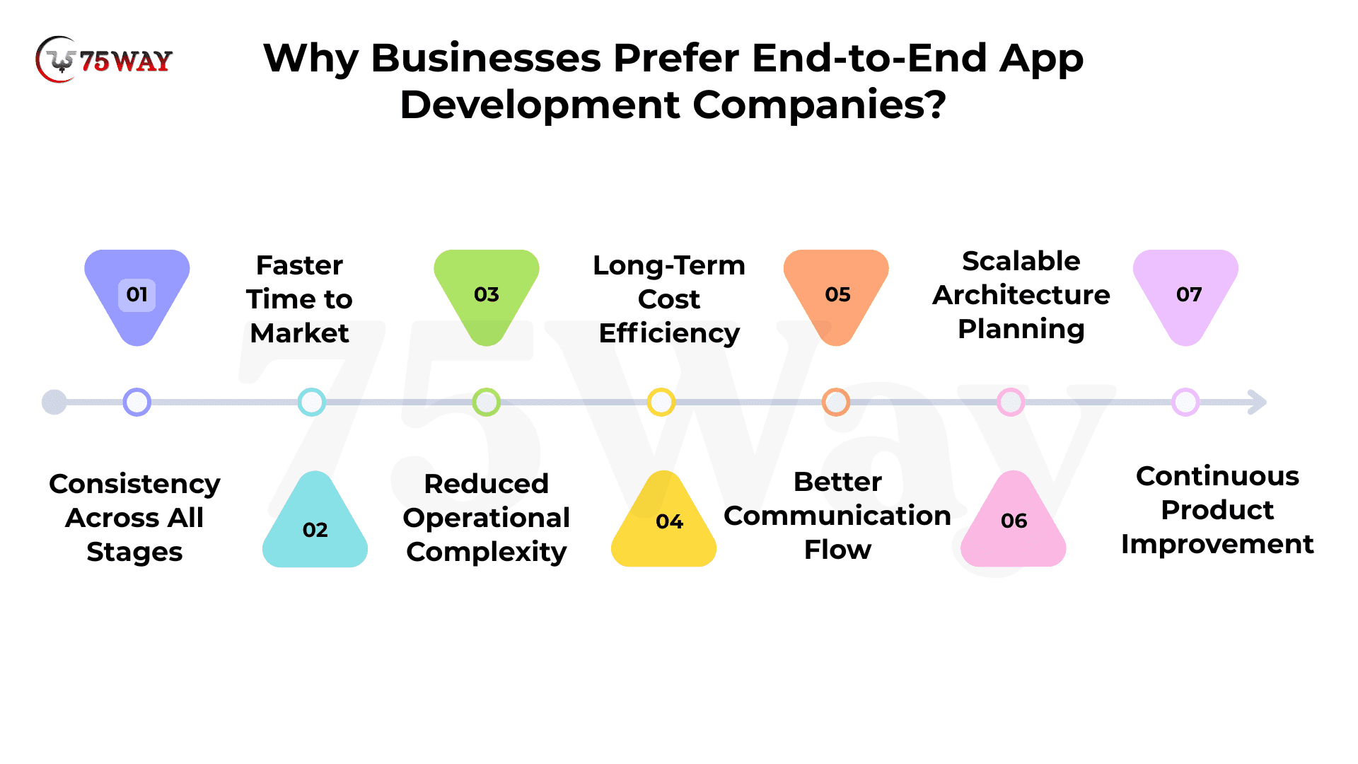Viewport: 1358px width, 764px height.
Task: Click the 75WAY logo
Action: click(x=104, y=60)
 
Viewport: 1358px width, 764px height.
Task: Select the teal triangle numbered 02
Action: click(x=315, y=523)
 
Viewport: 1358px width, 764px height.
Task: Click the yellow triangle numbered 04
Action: click(x=663, y=523)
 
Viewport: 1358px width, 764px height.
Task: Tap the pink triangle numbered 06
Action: click(x=1013, y=523)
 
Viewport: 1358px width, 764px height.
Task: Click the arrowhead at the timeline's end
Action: click(x=1258, y=402)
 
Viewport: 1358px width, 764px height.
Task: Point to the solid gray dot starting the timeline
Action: click(x=54, y=402)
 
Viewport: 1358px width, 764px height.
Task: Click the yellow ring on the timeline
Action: click(x=661, y=390)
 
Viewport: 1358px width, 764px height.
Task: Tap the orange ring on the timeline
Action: click(x=836, y=390)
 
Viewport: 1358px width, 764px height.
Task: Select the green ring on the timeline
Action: click(x=487, y=390)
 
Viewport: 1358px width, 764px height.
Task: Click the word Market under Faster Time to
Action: click(x=299, y=333)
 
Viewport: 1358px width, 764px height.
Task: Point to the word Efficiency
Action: click(x=669, y=333)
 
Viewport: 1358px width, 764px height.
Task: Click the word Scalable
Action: click(x=1021, y=261)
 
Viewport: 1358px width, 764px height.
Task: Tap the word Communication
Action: click(x=837, y=516)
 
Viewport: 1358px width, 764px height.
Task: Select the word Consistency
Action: click(x=134, y=485)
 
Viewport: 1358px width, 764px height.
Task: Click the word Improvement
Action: click(x=1217, y=545)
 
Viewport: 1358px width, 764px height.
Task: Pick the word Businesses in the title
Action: click(x=486, y=58)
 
